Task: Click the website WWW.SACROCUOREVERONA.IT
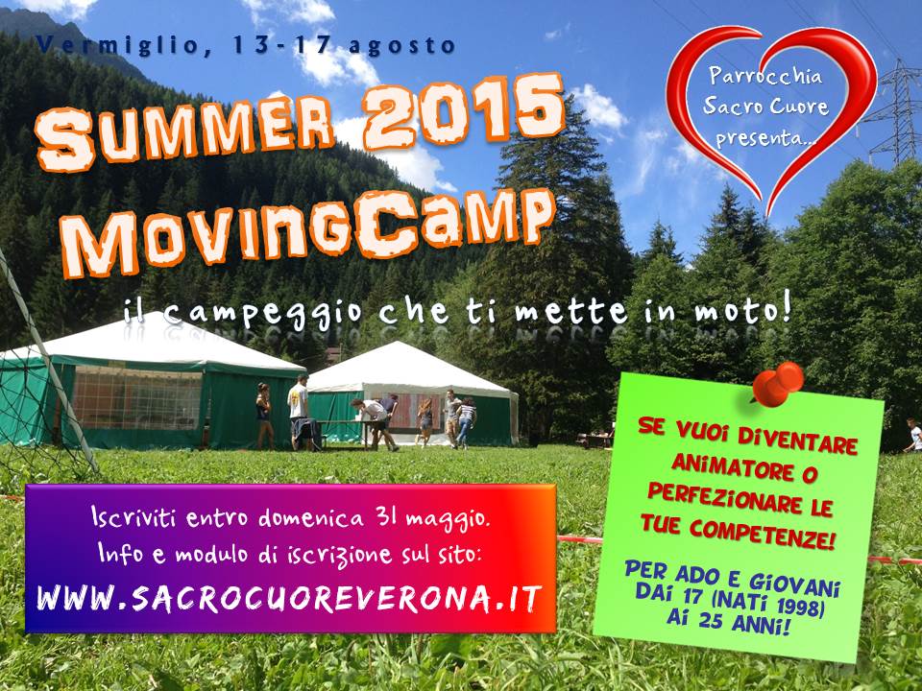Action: point(289,599)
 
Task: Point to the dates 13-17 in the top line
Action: point(279,44)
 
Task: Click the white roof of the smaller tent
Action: point(405,369)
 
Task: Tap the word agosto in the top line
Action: point(401,47)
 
